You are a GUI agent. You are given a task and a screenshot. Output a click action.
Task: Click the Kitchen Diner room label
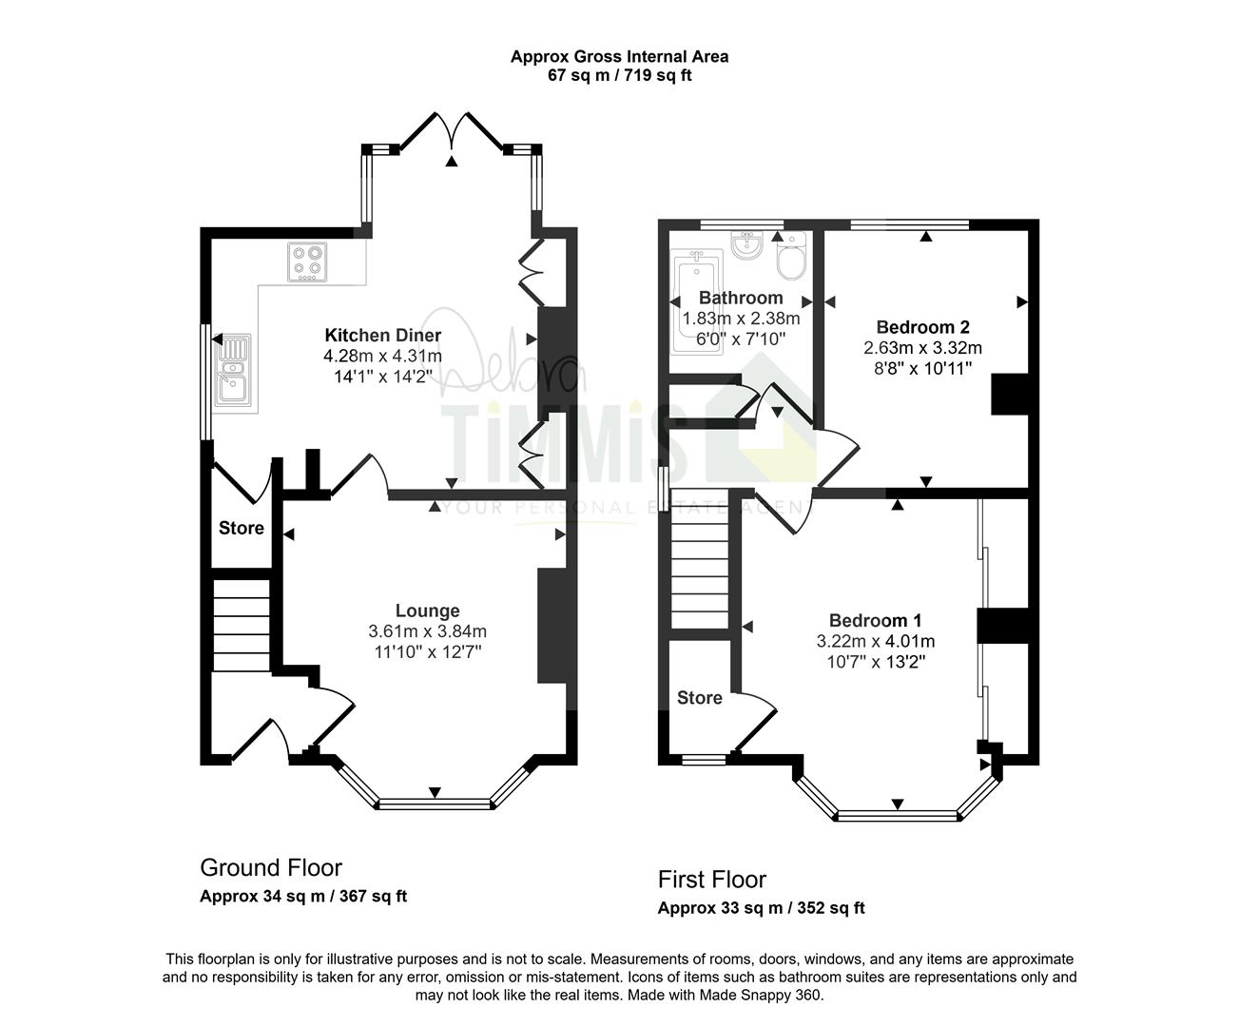click(x=383, y=336)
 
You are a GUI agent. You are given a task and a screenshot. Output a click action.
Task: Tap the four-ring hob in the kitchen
click(x=307, y=262)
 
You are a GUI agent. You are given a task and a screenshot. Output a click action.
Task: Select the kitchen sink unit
click(x=233, y=370)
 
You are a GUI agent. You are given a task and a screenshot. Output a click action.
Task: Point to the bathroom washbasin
click(x=746, y=245)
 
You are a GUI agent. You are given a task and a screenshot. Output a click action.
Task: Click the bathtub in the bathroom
click(x=697, y=302)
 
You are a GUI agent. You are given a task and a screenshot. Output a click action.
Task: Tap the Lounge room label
click(x=427, y=610)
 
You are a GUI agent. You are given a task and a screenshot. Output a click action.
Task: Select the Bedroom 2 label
click(x=922, y=327)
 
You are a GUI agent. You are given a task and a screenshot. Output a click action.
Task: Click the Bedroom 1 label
click(x=875, y=621)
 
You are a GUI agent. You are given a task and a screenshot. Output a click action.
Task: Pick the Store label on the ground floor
click(x=241, y=528)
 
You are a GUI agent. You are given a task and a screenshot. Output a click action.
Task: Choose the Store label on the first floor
click(x=700, y=698)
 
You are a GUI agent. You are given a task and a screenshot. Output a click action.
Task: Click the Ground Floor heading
click(x=271, y=868)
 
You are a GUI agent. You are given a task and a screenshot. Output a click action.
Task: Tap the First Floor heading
click(x=712, y=880)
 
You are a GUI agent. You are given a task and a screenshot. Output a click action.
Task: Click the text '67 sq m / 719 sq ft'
click(x=620, y=75)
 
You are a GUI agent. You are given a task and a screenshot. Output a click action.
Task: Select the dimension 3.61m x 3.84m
click(x=427, y=631)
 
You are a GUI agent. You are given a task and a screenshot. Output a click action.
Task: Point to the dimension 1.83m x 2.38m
click(x=741, y=319)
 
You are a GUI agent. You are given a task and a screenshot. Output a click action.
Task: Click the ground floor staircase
click(x=241, y=626)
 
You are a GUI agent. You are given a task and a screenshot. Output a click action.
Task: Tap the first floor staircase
click(x=700, y=559)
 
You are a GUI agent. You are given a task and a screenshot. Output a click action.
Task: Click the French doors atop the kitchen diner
click(x=453, y=131)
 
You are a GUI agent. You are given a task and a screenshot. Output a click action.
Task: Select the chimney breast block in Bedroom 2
click(x=1009, y=394)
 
